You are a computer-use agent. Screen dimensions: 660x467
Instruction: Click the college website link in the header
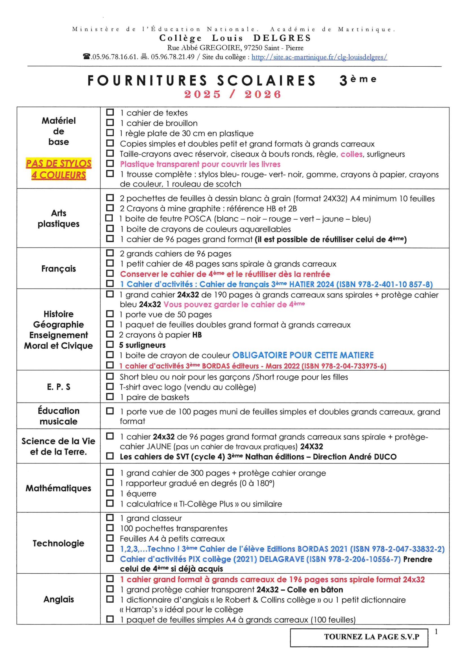point(319,57)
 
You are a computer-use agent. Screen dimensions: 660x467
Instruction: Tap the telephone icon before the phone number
point(87,57)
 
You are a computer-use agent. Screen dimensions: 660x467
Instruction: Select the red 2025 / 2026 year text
point(233,94)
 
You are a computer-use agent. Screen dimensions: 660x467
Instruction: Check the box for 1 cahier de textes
point(110,112)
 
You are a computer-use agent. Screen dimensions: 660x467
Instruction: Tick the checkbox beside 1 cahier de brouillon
point(110,123)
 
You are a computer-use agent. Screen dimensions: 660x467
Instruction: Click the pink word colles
point(352,154)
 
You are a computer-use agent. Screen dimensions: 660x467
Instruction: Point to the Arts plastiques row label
point(59,218)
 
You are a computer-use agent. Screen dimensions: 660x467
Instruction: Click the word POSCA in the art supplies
point(198,219)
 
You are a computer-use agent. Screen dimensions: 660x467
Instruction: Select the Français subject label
point(59,268)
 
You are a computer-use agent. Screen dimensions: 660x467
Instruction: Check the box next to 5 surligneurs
point(110,344)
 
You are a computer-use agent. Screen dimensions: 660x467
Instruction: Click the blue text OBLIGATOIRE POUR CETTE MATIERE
point(303,355)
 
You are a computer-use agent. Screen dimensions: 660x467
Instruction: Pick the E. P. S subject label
point(59,387)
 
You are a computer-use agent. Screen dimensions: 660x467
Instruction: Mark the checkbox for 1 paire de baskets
point(110,397)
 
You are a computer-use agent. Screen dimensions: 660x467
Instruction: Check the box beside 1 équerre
point(110,493)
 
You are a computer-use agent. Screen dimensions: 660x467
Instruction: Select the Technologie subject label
point(59,543)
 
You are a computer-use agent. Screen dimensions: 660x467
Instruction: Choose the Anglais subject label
point(59,599)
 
